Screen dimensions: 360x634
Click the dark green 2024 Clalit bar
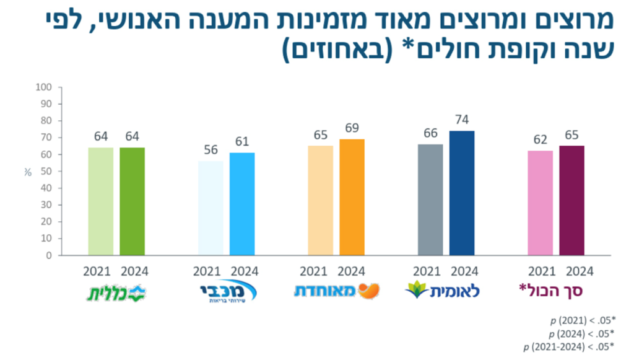coord(132,201)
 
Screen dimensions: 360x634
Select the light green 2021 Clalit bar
coord(100,201)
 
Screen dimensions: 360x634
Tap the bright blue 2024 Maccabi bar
coord(242,204)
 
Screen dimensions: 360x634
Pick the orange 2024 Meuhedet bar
coord(352,197)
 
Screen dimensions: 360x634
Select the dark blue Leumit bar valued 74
coord(462,193)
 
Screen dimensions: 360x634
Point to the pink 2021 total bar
coord(540,203)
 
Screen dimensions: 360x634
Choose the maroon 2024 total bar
coord(571,200)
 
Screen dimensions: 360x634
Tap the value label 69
coord(352,128)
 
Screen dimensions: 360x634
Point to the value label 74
coord(462,119)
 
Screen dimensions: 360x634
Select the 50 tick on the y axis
coord(45,171)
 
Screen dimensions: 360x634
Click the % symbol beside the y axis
coord(27,172)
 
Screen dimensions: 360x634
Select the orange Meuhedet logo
coord(337,290)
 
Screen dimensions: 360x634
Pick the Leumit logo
coord(442,290)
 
